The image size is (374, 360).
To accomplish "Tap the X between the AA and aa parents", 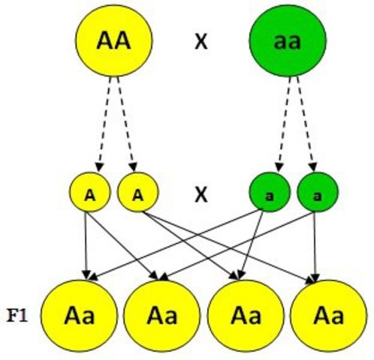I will pos(201,43).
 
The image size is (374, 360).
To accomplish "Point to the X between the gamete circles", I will pos(201,195).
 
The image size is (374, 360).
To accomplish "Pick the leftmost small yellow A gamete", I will pos(89,193).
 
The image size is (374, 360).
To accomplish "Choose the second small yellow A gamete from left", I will pos(137,193).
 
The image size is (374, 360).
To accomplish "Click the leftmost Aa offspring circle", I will pos(79,315).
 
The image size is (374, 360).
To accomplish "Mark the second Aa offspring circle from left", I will pos(161,315).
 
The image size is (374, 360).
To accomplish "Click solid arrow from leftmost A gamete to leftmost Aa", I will pos(88,244).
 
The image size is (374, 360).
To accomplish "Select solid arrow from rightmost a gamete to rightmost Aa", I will pos(315,244).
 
